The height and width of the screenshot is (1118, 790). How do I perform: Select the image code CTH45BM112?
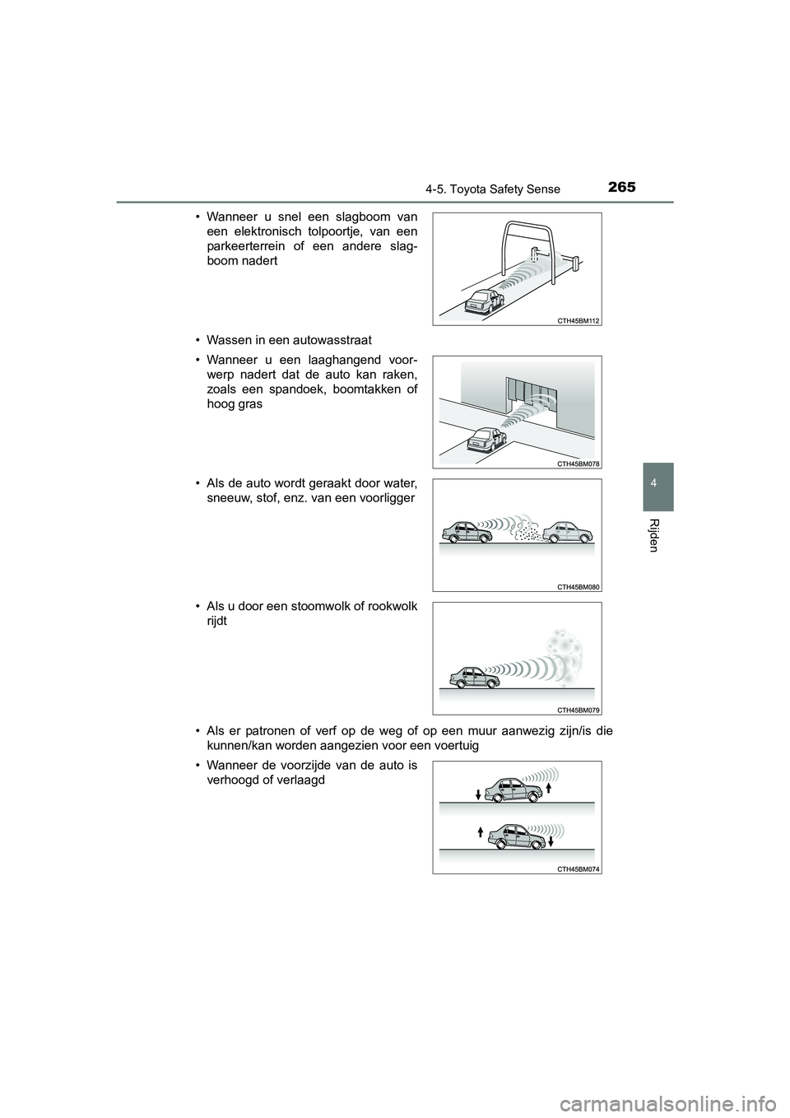point(579,320)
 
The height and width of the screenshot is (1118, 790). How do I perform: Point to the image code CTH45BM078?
point(579,464)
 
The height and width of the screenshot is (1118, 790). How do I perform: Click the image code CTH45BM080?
point(579,586)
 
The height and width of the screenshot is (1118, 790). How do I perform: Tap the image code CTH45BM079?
point(579,709)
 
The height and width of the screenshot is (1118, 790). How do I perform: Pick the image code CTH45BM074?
point(579,868)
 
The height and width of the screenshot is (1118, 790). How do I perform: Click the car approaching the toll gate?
point(481,302)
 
